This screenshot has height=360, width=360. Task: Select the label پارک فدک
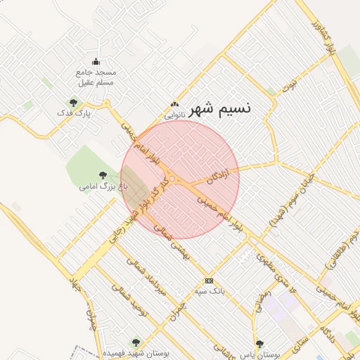74,112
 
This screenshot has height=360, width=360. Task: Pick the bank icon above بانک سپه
209,281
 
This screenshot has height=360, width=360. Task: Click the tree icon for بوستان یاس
260,344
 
